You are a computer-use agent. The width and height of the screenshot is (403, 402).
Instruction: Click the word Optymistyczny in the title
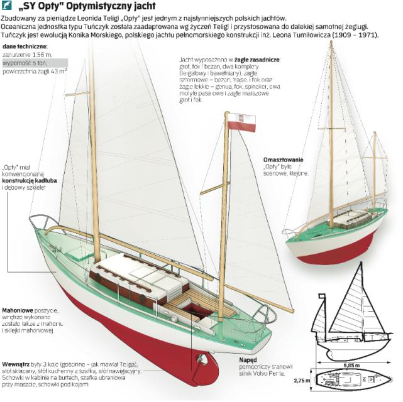click(113, 8)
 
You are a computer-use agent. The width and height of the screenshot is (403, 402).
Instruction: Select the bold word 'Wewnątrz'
click(19, 364)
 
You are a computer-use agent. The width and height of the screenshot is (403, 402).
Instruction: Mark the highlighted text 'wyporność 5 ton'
click(25, 63)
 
